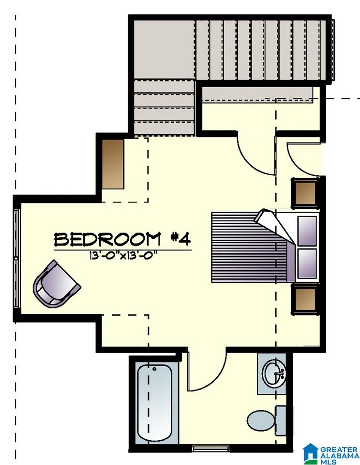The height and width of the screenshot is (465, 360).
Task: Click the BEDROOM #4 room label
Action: tap(122, 239)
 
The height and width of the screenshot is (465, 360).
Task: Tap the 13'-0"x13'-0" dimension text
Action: tap(123, 256)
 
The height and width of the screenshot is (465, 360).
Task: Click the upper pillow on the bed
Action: tap(307, 231)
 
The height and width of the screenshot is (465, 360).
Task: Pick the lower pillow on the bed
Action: tap(307, 263)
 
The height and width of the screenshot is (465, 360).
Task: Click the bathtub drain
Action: tap(154, 369)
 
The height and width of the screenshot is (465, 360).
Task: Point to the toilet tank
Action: tap(281, 420)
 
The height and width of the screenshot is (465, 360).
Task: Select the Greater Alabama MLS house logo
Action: tap(311, 453)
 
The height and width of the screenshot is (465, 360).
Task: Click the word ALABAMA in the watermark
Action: tap(339, 456)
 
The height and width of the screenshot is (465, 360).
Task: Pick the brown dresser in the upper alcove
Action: tap(113, 164)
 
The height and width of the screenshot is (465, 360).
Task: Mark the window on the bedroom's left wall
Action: tap(16, 259)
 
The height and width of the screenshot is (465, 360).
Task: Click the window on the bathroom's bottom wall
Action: tap(210, 449)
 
